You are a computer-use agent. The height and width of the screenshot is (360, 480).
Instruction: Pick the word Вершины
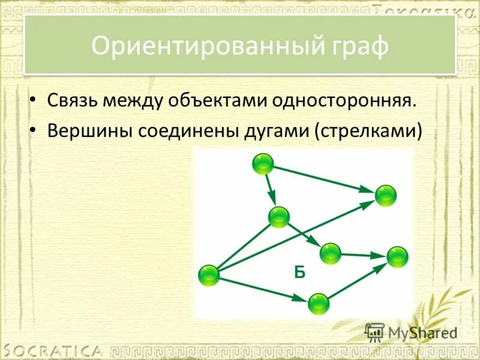coord(89,130)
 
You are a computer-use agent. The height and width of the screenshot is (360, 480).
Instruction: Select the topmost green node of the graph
coord(263,164)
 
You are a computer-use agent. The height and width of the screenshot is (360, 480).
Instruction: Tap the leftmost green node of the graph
coord(209,275)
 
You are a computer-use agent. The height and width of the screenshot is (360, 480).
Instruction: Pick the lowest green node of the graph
coord(319,304)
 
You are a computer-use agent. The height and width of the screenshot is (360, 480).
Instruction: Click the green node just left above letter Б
coord(279,217)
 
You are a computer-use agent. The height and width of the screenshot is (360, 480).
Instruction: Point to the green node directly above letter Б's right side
coord(330,253)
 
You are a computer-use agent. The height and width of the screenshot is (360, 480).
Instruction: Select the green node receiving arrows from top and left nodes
coord(385,196)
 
